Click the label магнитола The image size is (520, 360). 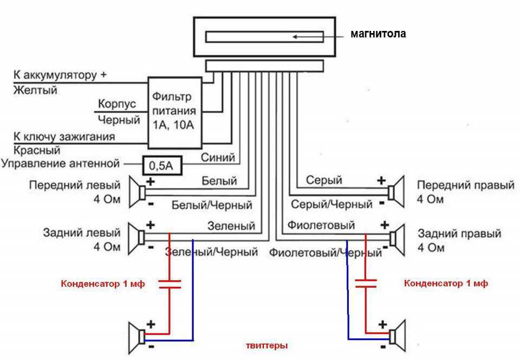378,34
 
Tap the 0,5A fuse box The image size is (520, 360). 162,165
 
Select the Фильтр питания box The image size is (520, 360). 174,113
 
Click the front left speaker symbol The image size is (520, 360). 137,192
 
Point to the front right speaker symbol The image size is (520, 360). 396,192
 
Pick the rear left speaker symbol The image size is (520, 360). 136,239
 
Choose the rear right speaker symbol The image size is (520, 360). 397,240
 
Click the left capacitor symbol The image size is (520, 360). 170,284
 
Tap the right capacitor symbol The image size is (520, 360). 366,284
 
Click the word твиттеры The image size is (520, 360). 266,345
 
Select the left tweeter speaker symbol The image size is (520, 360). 137,338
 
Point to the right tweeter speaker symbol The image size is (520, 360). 397,336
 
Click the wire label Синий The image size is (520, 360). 218,157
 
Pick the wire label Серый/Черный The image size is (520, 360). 331,204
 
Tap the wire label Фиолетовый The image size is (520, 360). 321,226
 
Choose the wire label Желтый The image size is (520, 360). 35,90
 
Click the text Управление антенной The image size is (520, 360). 60,164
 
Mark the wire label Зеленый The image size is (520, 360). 231,226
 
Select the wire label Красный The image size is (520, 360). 37,150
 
